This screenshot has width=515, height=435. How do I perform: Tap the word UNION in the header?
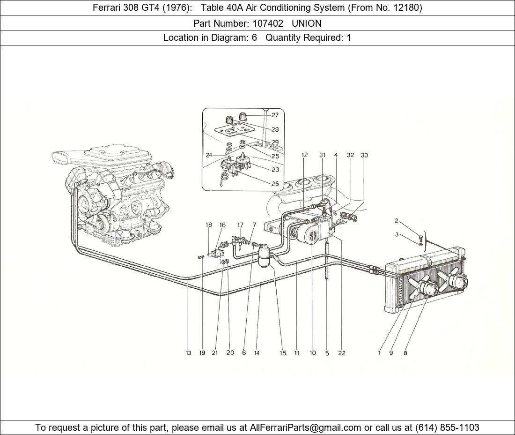[x=306, y=23]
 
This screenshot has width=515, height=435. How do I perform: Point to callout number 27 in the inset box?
[x=275, y=115]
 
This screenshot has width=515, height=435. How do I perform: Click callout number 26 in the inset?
[x=275, y=184]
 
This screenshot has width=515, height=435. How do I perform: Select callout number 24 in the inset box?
[x=208, y=155]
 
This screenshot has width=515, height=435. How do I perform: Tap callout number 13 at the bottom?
[x=188, y=353]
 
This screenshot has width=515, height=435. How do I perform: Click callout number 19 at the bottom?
[x=202, y=353]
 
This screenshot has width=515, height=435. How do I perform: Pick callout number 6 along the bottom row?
[x=244, y=353]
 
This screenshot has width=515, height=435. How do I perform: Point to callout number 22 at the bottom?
[x=342, y=353]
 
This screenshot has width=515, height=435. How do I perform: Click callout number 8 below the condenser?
[x=405, y=353]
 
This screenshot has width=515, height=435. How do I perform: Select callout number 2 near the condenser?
[x=397, y=220]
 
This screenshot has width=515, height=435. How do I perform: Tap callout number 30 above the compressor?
[x=364, y=155]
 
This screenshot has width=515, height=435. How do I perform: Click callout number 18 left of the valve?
[x=209, y=225]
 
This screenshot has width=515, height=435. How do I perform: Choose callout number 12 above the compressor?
[x=305, y=155]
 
